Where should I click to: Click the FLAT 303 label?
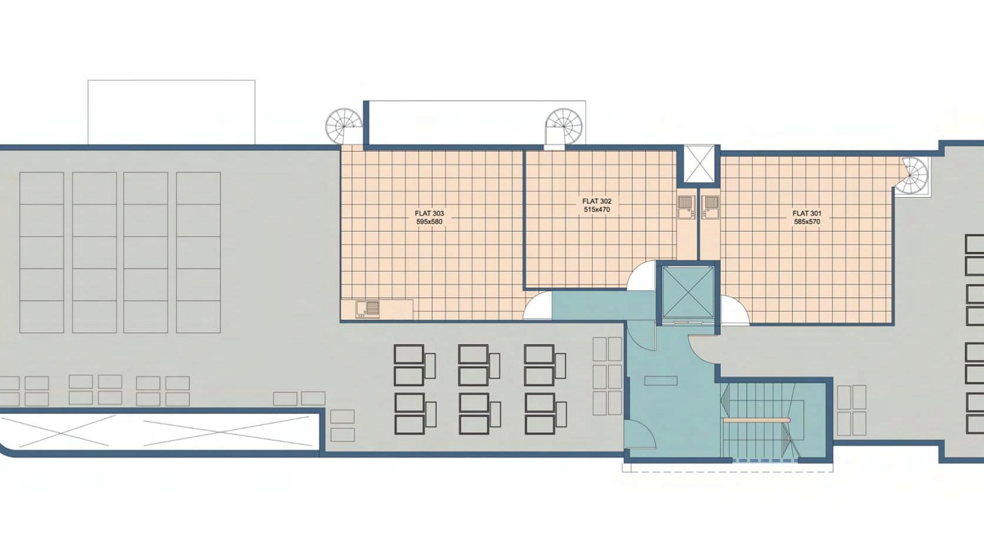429,214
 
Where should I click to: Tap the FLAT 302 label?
597,201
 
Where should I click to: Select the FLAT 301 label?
807,214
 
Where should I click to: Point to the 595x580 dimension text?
429,222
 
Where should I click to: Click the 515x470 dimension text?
597,209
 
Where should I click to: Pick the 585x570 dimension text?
807,222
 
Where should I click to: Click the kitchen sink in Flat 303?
367,309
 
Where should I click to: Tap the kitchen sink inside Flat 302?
686,207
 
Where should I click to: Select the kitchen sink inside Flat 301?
710,207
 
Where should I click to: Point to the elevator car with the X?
688,292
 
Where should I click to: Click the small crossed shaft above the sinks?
699,164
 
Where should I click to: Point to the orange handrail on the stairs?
757,420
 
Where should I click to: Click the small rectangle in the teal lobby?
661,380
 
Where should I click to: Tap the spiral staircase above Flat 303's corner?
343,126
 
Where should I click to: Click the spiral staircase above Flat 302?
564,127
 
